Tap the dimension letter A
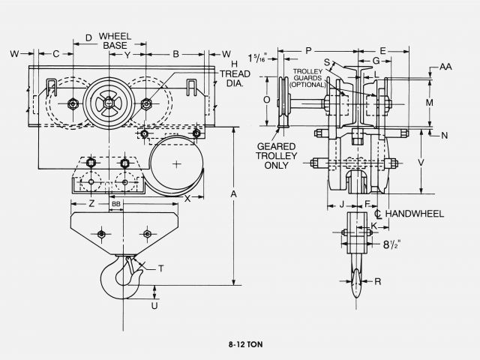click(x=234, y=194)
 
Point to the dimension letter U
click(x=154, y=305)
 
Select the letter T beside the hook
click(x=162, y=268)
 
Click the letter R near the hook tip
click(x=377, y=282)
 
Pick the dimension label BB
click(x=115, y=203)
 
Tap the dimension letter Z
click(x=91, y=203)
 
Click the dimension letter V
click(x=422, y=161)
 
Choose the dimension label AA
click(x=446, y=67)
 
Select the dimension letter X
click(x=187, y=199)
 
